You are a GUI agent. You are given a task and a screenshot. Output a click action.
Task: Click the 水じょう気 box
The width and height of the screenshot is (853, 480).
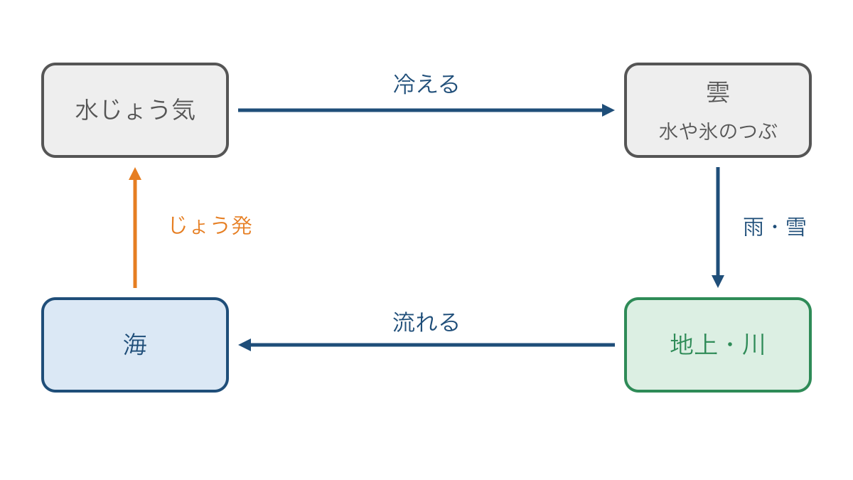pyautogui.click(x=135, y=110)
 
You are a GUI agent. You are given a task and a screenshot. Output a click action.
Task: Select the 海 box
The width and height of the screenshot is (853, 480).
pyautogui.click(x=135, y=345)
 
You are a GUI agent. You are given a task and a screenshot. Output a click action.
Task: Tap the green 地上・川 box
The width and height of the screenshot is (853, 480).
pyautogui.click(x=718, y=345)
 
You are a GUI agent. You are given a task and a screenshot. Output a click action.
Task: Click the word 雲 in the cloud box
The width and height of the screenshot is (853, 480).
pyautogui.click(x=718, y=92)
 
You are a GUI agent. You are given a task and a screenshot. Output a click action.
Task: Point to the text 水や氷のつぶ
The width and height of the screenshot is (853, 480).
pyautogui.click(x=718, y=132)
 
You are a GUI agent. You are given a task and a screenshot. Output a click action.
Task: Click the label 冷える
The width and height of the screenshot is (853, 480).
pyautogui.click(x=426, y=84)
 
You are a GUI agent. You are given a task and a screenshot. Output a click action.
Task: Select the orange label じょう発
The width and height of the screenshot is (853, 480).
pyautogui.click(x=210, y=225)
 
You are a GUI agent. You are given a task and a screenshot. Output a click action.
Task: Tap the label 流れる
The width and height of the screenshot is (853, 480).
pyautogui.click(x=426, y=322)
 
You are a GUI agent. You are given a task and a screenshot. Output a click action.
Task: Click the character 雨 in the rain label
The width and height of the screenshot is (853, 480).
pyautogui.click(x=753, y=227)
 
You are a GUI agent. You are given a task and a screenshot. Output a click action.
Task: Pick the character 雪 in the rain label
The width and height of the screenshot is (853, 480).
pyautogui.click(x=796, y=227)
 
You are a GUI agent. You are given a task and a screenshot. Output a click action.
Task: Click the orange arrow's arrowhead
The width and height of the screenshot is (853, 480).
pyautogui.click(x=135, y=174)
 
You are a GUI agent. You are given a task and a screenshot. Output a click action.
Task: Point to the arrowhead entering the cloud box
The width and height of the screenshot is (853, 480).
pyautogui.click(x=608, y=110)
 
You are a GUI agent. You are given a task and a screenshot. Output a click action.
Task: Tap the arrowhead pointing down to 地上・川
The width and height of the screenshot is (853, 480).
pyautogui.click(x=718, y=281)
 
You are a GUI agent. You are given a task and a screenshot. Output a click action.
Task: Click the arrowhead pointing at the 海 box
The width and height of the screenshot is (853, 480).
pyautogui.click(x=245, y=345)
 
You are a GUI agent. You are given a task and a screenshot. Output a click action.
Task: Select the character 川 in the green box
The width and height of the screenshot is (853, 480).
pyautogui.click(x=753, y=345)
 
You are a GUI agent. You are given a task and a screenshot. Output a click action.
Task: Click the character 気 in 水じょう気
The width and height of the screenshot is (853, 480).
pyautogui.click(x=184, y=110)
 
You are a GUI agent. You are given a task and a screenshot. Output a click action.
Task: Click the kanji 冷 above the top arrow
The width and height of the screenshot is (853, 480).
pyautogui.click(x=404, y=84)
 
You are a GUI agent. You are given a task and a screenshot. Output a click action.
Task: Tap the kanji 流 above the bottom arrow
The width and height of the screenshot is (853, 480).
pyautogui.click(x=404, y=322)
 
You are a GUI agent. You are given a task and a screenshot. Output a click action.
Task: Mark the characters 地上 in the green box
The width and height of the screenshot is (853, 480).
pyautogui.click(x=694, y=345)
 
